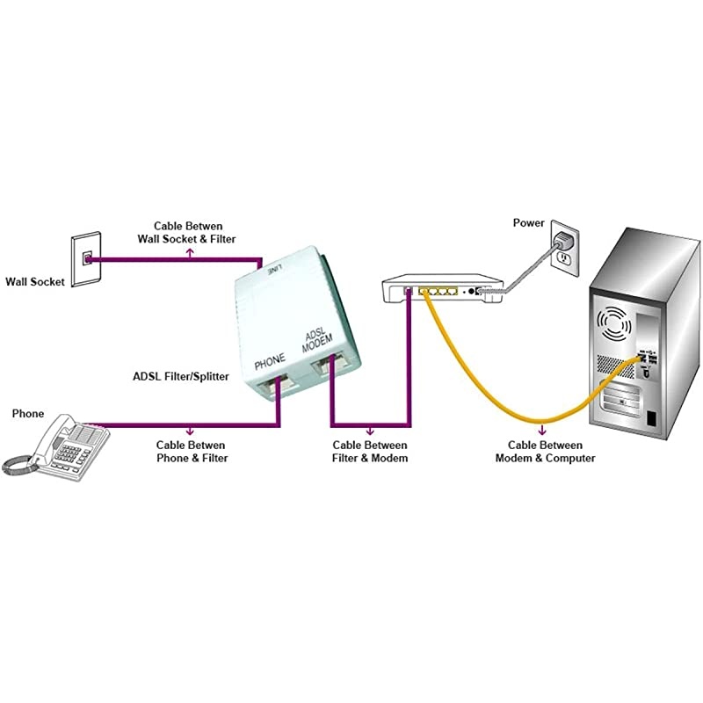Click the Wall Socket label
35,282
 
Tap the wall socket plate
85,259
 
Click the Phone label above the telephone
27,413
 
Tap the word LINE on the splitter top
274,271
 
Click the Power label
529,223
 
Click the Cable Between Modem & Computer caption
545,452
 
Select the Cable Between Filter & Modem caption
369,452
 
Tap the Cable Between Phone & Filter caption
192,452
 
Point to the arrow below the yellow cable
544,431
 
